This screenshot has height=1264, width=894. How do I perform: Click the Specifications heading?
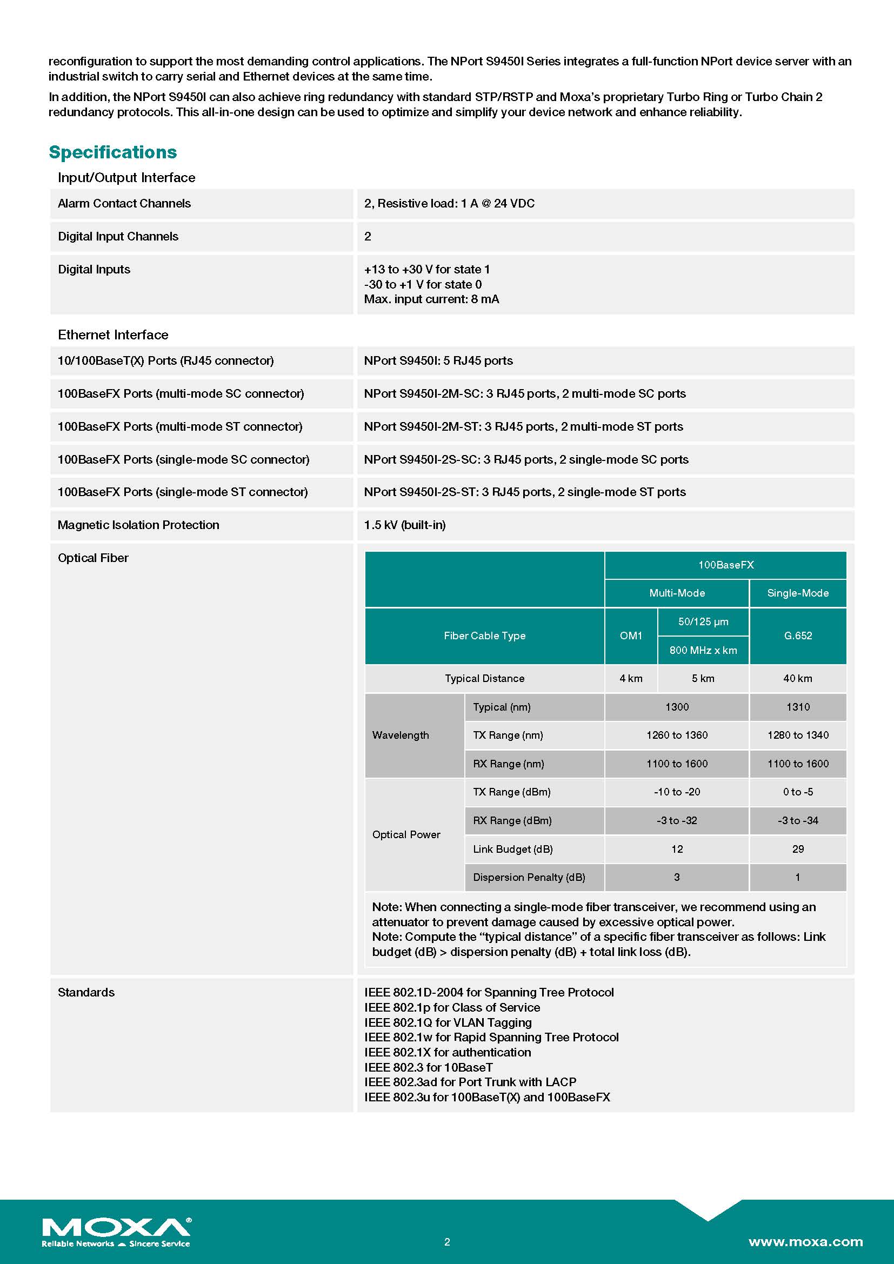[113, 152]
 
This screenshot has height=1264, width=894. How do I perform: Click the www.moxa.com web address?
[805, 1241]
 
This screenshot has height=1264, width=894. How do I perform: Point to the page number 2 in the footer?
[447, 1241]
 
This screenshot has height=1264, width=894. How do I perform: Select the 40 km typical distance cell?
[798, 678]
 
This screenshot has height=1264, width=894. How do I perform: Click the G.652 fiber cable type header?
[798, 636]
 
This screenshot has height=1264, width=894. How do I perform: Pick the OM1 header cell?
[631, 636]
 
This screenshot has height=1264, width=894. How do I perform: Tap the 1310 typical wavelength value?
[798, 707]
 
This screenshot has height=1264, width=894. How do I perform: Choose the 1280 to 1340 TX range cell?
[798, 735]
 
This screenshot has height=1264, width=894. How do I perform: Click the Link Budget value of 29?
[798, 849]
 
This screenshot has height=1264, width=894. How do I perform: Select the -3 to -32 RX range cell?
[677, 820]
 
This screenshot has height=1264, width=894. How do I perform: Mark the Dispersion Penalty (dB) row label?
[529, 877]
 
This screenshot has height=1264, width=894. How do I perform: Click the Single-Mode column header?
[798, 593]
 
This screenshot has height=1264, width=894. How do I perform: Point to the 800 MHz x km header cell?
[703, 650]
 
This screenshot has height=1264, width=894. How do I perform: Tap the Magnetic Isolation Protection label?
[138, 525]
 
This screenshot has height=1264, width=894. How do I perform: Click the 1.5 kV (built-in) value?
[405, 525]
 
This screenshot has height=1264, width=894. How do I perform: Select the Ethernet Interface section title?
[113, 335]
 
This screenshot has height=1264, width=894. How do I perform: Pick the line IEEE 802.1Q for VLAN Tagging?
[448, 1022]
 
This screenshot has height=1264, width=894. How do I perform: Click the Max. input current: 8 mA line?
[431, 299]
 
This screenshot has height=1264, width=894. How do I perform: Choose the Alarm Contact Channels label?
[124, 203]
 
